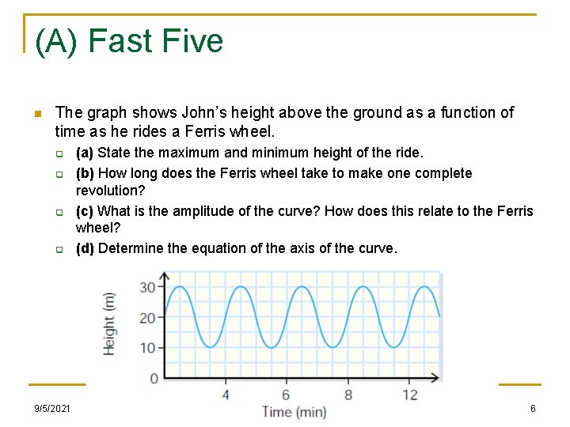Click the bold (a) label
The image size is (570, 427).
tap(85, 153)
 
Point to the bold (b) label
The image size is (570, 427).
tap(85, 173)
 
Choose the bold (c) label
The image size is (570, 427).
tap(85, 211)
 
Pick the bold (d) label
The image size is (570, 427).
tap(85, 248)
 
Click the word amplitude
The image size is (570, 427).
tap(199, 211)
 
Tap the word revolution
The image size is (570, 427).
tap(109, 191)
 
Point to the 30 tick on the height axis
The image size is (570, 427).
tap(148, 287)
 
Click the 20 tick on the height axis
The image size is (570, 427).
tap(148, 318)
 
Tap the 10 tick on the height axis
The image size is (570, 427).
tap(148, 348)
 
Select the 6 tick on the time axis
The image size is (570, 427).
tap(286, 394)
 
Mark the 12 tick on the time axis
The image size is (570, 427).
tap(409, 394)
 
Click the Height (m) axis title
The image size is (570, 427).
tap(110, 323)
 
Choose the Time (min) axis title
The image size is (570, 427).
tap(294, 412)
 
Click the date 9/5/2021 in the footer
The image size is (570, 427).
tap(52, 409)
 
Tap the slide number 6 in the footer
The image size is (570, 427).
tap(533, 409)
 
